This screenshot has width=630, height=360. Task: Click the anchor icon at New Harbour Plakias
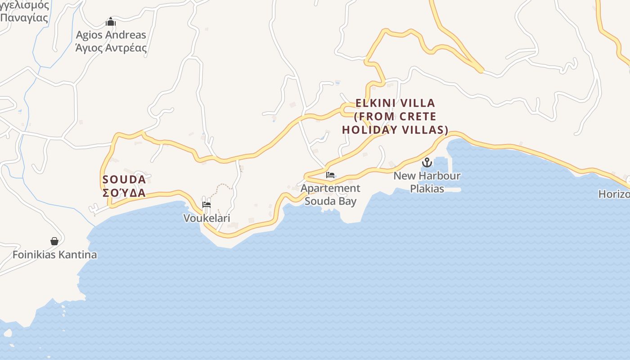pyautogui.click(x=427, y=162)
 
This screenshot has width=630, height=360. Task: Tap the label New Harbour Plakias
pyautogui.click(x=427, y=182)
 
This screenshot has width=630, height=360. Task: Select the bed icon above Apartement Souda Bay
pyautogui.click(x=330, y=175)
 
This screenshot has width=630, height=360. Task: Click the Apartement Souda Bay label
pyautogui.click(x=331, y=194)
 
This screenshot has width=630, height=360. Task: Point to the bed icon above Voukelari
pyautogui.click(x=207, y=205)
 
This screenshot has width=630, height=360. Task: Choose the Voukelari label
pyautogui.click(x=207, y=218)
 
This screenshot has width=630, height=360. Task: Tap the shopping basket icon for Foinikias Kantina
pyautogui.click(x=54, y=242)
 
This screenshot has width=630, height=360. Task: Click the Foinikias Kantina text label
pyautogui.click(x=54, y=255)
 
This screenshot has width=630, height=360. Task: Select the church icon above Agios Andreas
pyautogui.click(x=111, y=22)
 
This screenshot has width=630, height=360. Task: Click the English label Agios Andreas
pyautogui.click(x=111, y=35)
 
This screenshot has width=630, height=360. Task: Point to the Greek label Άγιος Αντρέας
pyautogui.click(x=111, y=48)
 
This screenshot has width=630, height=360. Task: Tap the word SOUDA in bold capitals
pyautogui.click(x=124, y=180)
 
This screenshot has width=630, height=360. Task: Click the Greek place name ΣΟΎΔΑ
pyautogui.click(x=124, y=193)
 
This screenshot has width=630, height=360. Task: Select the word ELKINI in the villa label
pyautogui.click(x=375, y=103)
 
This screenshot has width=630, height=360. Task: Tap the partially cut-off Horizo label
pyautogui.click(x=614, y=194)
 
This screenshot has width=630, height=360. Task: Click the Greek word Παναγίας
pyautogui.click(x=24, y=18)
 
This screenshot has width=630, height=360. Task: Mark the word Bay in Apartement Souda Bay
pyautogui.click(x=346, y=201)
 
